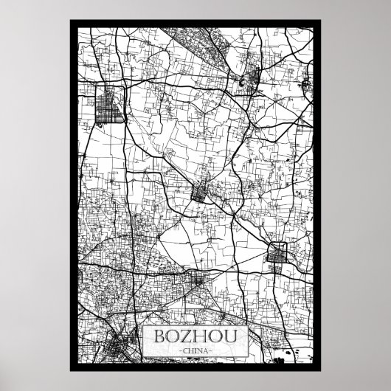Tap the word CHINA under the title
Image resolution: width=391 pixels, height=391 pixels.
195,350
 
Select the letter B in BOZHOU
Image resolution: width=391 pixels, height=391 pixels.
160,336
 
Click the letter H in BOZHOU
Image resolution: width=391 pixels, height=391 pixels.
201,336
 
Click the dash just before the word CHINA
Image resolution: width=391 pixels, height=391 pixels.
179,350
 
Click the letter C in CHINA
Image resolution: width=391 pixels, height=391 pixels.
184,350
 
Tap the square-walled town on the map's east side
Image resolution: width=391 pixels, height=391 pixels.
280,255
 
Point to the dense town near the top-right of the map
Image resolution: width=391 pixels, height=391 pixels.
248,81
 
